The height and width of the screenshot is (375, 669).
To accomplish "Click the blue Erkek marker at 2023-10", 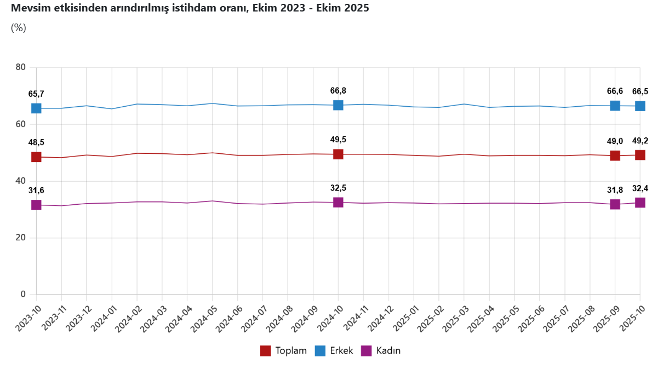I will pos(36,108).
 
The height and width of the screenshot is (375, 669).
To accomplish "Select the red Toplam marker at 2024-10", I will pos(338,154).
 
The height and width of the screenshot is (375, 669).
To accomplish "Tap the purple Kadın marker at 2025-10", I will pos(639,203).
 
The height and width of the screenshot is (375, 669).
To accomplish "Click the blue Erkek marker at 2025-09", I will pos(615,106).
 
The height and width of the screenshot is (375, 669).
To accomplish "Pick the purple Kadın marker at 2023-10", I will pos(36,205).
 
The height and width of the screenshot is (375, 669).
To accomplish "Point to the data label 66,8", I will pos(338,91).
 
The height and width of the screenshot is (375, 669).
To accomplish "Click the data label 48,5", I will pos(36,142).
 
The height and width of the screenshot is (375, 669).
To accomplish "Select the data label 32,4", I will pos(640,188).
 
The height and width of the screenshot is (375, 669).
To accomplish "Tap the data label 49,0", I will pos(615,141).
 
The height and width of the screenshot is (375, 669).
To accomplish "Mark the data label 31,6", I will pos(36,191).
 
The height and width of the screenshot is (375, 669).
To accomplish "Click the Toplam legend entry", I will pos(283,351).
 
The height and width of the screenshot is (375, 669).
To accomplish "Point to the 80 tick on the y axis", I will pos(21,67).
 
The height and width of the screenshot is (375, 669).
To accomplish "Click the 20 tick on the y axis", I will pos(21,238).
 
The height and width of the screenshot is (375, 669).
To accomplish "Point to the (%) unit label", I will pos(19,28).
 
